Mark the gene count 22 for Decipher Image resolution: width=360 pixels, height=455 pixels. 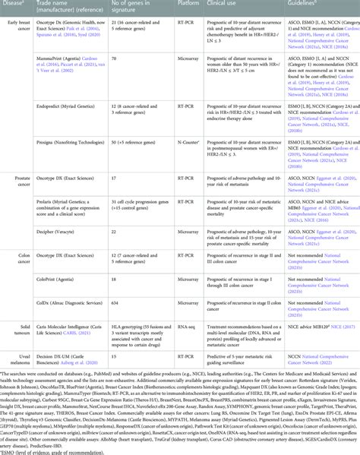coord(112,226)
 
